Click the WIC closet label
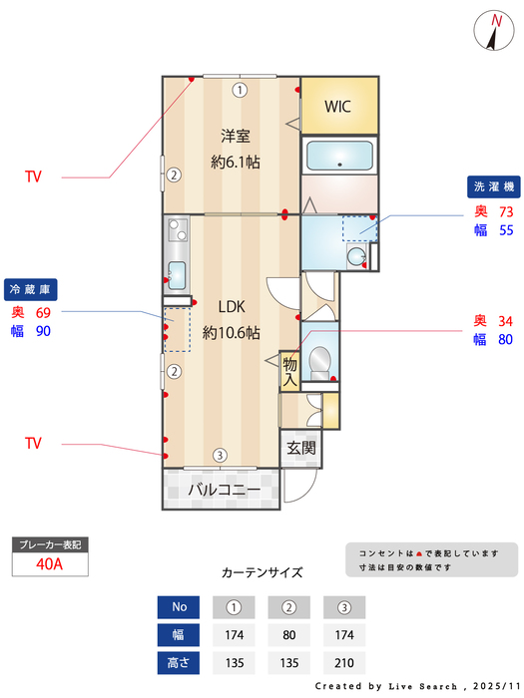tap(337, 106)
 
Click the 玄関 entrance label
tap(300, 448)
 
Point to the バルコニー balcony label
tap(225, 491)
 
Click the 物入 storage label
tap(290, 371)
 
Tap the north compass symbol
tap(495, 29)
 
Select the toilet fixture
tap(320, 361)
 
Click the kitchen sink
tap(178, 273)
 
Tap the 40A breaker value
tap(49, 563)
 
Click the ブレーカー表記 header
tap(49, 544)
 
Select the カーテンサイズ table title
tap(262, 572)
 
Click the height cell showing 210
tap(344, 662)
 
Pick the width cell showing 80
tap(289, 634)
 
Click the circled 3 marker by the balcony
tap(219, 456)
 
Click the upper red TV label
tap(34, 176)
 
